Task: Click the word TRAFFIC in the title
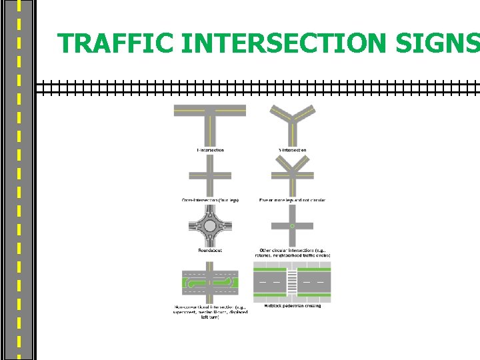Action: pos(116,43)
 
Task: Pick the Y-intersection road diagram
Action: pos(292,123)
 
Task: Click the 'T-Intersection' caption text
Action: pos(210,151)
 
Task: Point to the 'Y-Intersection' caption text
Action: pos(292,151)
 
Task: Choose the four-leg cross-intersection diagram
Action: pos(210,175)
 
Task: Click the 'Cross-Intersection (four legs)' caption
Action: pos(210,200)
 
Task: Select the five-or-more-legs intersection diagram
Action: pos(292,175)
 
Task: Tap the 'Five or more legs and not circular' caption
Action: pos(292,200)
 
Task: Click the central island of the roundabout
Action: pos(210,226)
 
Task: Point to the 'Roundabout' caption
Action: pos(210,251)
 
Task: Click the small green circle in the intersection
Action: pos(292,226)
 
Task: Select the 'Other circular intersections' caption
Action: pos(293,253)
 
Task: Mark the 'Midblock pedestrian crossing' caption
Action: pos(292,307)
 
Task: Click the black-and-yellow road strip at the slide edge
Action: pos(18,180)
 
